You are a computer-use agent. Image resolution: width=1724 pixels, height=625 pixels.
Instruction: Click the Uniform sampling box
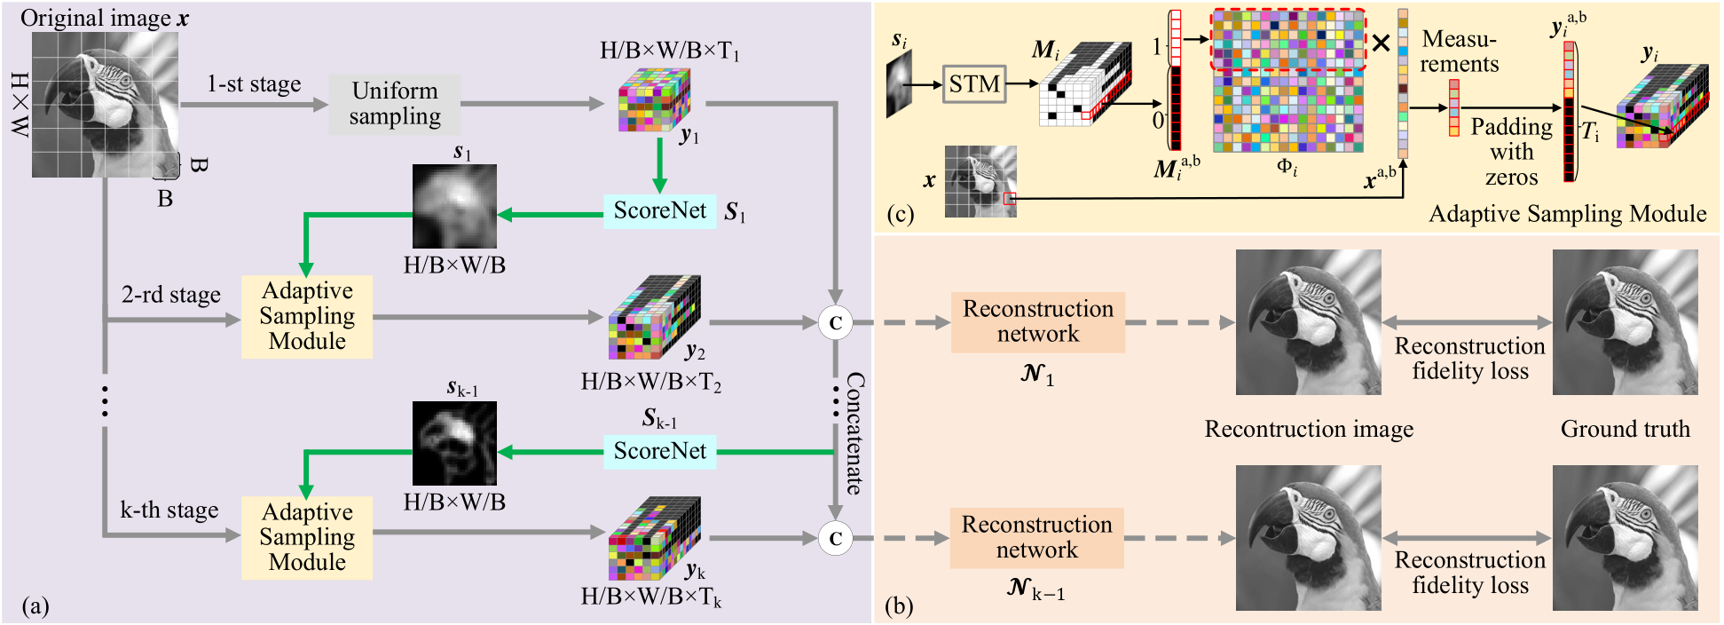(x=395, y=104)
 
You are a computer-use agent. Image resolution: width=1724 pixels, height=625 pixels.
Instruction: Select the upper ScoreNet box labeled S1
(x=659, y=211)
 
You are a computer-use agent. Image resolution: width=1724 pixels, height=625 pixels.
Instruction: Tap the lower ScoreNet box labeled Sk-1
(x=659, y=451)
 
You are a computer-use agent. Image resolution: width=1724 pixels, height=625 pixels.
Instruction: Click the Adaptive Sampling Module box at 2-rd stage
(x=307, y=316)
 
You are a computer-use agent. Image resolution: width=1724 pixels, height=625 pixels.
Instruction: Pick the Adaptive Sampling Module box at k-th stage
(x=307, y=537)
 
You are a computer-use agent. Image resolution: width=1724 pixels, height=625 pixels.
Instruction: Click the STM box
(x=974, y=84)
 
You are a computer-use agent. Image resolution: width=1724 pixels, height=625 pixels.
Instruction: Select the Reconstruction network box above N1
(x=1038, y=322)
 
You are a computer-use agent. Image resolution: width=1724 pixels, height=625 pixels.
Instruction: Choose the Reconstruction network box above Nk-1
(x=1036, y=537)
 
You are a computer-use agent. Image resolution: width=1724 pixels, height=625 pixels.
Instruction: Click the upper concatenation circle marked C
(x=835, y=323)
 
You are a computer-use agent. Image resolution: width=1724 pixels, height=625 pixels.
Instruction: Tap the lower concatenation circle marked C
(x=835, y=538)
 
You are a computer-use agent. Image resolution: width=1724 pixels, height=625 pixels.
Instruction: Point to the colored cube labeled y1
(x=654, y=99)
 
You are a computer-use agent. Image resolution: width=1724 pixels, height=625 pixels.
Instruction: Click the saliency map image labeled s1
(x=454, y=206)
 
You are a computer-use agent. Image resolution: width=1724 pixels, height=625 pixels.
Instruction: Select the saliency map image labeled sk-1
(x=454, y=443)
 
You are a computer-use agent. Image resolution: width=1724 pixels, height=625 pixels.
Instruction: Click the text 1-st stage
(x=254, y=84)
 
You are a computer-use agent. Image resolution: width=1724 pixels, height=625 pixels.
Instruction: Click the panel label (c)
(x=900, y=214)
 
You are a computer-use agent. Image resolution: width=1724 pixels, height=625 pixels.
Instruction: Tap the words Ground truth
(x=1625, y=430)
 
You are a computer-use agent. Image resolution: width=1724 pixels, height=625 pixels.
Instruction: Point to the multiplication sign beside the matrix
(x=1381, y=43)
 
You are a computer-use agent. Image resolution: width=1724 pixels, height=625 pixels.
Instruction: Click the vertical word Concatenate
(x=854, y=433)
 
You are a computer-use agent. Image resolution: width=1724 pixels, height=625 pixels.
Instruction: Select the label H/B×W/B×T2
(x=650, y=383)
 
